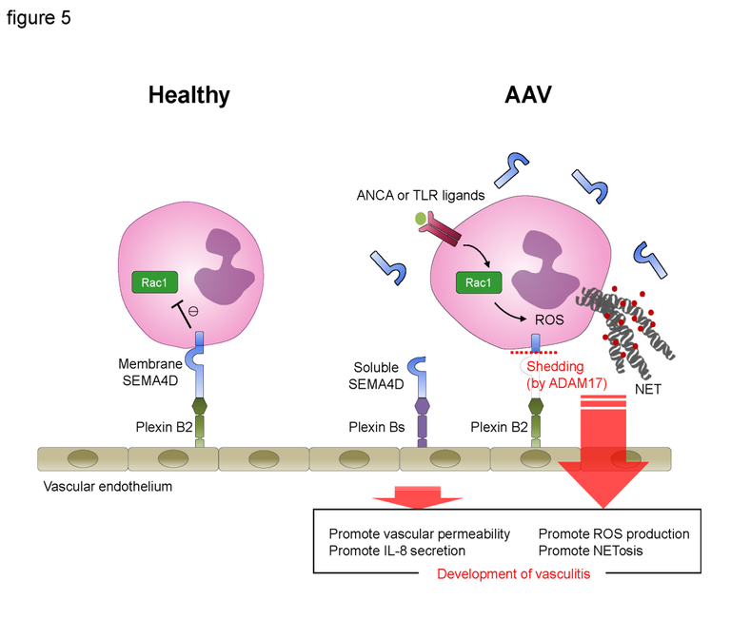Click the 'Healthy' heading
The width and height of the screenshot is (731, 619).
point(188,95)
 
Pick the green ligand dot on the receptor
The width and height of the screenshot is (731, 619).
point(420,220)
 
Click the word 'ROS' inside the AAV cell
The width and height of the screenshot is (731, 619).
point(549,320)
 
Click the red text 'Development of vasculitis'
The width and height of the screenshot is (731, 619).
point(513,573)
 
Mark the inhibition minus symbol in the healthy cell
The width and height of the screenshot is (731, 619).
point(194,310)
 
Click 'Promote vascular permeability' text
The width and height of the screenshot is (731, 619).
point(420,533)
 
